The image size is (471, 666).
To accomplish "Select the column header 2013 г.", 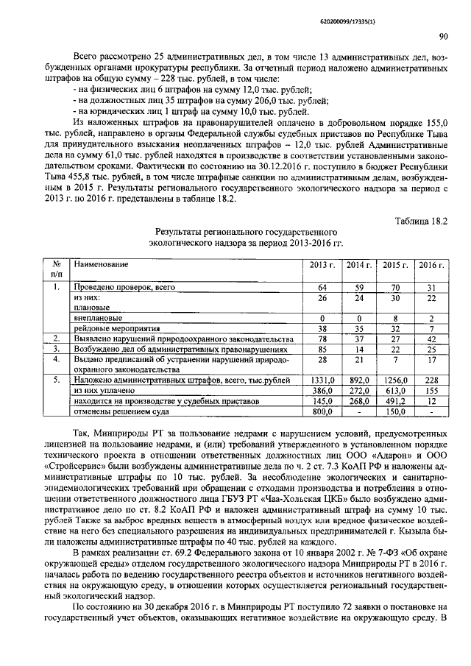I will (x=322, y=265).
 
